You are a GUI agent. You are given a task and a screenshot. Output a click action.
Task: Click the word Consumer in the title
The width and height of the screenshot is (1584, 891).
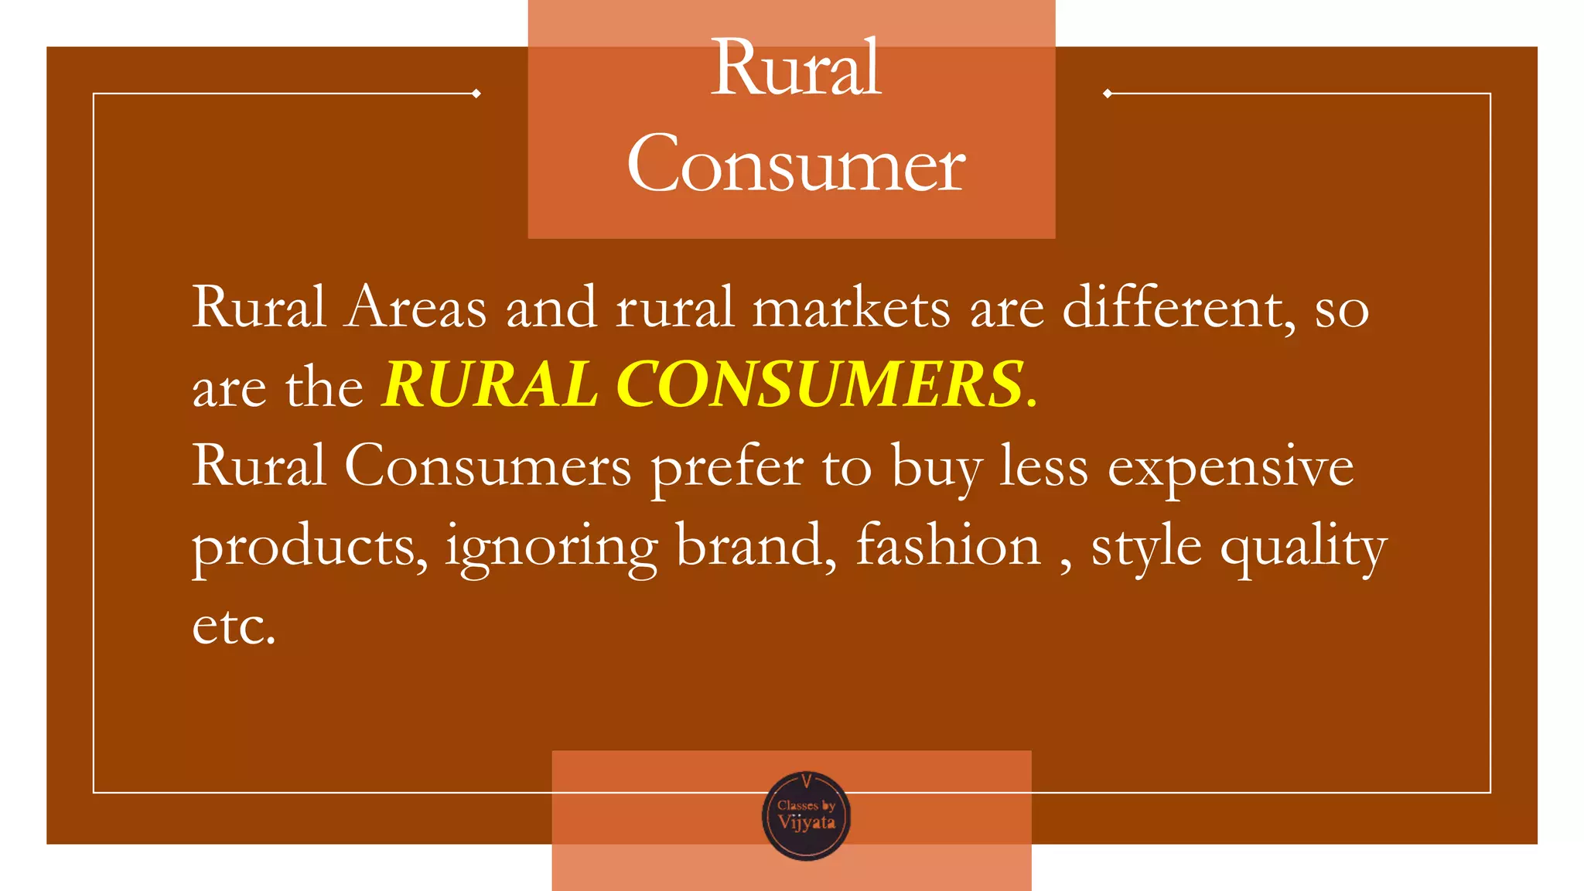pyautogui.click(x=796, y=164)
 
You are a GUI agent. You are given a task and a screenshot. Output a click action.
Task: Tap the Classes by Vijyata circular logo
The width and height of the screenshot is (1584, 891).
pyautogui.click(x=807, y=816)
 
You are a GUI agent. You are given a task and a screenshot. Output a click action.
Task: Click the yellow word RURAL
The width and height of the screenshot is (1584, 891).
pyautogui.click(x=490, y=384)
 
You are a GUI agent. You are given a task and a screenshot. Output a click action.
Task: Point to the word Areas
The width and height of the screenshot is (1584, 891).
pyautogui.click(x=416, y=308)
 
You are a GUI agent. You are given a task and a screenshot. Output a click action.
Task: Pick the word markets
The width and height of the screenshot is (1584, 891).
pyautogui.click(x=851, y=308)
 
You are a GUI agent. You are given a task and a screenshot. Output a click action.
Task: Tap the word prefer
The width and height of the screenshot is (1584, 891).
pyautogui.click(x=727, y=468)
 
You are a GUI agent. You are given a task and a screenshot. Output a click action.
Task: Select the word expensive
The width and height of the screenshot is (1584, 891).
pyautogui.click(x=1231, y=468)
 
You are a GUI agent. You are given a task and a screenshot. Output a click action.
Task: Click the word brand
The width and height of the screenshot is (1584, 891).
pyautogui.click(x=756, y=546)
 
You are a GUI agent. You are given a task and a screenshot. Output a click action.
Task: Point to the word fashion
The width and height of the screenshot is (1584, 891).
pyautogui.click(x=948, y=546)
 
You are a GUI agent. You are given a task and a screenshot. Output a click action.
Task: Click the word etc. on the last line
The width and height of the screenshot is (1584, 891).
pyautogui.click(x=234, y=626)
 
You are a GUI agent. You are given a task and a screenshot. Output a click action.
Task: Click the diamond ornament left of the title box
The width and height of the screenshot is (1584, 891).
pyautogui.click(x=476, y=94)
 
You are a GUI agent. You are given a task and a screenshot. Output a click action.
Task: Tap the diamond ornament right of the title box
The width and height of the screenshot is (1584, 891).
pyautogui.click(x=1108, y=94)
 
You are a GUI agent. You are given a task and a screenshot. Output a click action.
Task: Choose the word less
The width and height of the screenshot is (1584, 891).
pyautogui.click(x=1044, y=467)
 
